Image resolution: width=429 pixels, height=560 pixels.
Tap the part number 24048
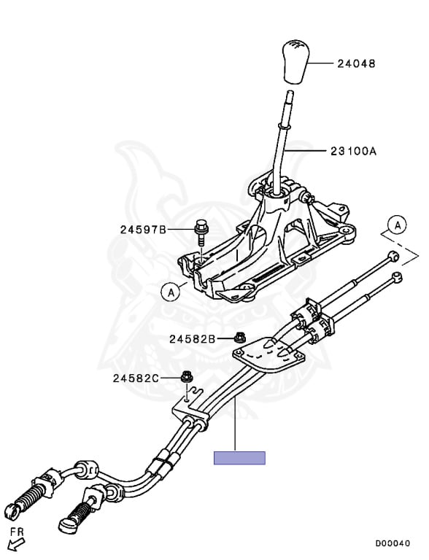coord(357,64)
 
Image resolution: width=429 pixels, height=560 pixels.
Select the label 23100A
coord(354,152)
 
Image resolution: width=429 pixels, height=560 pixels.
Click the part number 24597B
coord(143,229)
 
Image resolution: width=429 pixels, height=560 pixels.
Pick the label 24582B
coord(193,338)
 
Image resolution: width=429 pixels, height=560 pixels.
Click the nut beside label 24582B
coord(239,338)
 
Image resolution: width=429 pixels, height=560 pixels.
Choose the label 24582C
coord(136,378)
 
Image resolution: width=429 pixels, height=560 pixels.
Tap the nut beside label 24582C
coord(186,377)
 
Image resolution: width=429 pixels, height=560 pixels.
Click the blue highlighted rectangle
coord(239,458)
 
